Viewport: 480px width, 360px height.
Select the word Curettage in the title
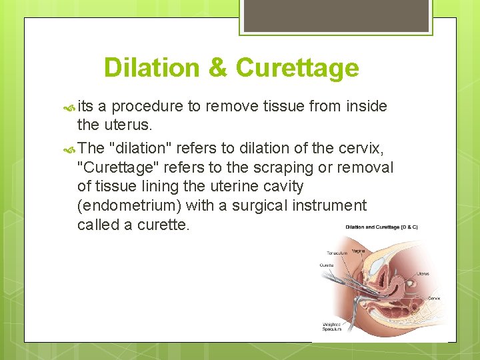click(x=297, y=68)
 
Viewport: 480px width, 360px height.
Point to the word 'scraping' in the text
click(x=293, y=167)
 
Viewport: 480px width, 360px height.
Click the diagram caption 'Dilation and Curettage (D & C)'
click(x=381, y=228)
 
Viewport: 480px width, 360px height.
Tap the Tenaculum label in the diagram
click(x=337, y=253)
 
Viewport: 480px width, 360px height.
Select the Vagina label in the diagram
click(x=358, y=251)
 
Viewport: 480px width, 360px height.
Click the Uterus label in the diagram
click(x=423, y=273)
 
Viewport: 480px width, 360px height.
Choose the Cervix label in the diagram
click(x=433, y=298)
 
